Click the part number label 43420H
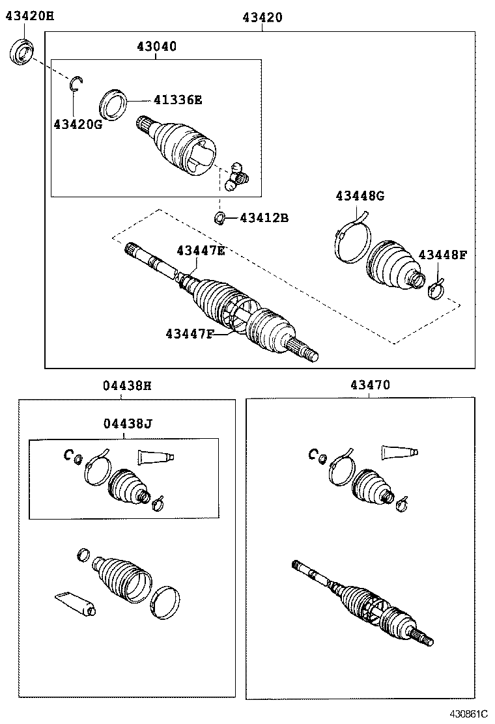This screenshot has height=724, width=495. [x=29, y=18]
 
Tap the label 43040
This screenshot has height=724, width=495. [x=156, y=47]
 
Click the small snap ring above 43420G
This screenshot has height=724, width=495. [x=76, y=82]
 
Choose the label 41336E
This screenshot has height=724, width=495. [x=178, y=100]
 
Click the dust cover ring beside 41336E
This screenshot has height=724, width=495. [x=113, y=104]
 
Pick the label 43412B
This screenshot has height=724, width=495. [x=264, y=217]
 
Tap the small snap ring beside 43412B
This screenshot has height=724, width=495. [x=220, y=217]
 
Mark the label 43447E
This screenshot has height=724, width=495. [x=201, y=250]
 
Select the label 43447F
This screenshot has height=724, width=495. [x=190, y=333]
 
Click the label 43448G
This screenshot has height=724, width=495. [x=360, y=195]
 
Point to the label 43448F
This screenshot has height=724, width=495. [x=442, y=255]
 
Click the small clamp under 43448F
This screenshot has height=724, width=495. [x=435, y=288]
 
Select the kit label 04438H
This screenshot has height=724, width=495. [x=127, y=385]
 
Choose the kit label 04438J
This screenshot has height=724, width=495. [x=127, y=424]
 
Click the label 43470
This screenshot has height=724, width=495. [x=371, y=385]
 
